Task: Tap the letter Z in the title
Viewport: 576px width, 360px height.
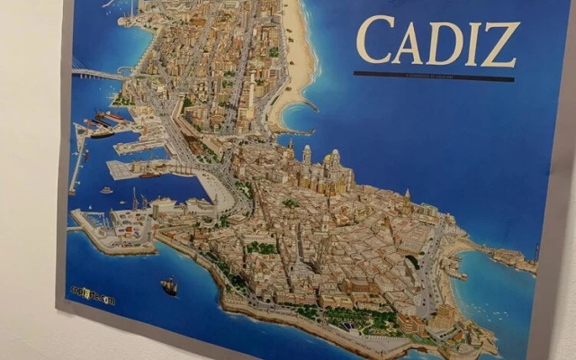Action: (500, 45)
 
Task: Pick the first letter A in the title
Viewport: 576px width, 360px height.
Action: (408, 41)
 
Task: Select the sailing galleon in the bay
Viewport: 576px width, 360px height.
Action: (169, 286)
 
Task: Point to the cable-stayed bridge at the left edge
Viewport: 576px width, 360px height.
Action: (94, 73)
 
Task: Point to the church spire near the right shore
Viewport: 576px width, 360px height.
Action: (407, 195)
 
